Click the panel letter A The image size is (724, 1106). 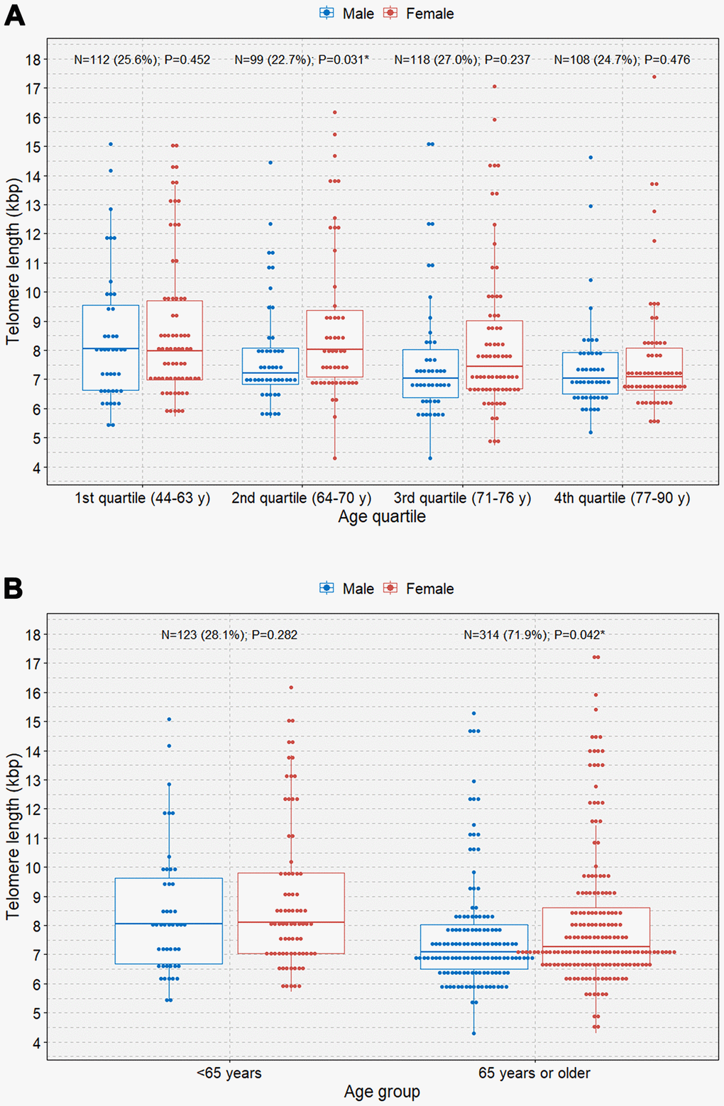pyautogui.click(x=14, y=15)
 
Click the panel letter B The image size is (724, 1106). pyautogui.click(x=13, y=589)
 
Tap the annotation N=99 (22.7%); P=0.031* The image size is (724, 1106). pyautogui.click(x=302, y=60)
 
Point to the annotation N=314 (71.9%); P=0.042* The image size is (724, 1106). pyautogui.click(x=534, y=635)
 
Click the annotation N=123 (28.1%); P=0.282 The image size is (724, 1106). pyautogui.click(x=229, y=635)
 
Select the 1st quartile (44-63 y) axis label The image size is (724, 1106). pyautogui.click(x=143, y=498)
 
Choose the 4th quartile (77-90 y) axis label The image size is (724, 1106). pyautogui.click(x=622, y=498)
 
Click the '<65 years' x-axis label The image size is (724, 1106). pyautogui.click(x=229, y=1073)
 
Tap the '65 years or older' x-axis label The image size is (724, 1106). pyautogui.click(x=534, y=1073)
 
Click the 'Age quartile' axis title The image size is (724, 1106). pyautogui.click(x=382, y=516)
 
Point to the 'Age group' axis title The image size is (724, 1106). pyautogui.click(x=382, y=1092)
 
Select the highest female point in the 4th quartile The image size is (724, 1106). pyautogui.click(x=654, y=77)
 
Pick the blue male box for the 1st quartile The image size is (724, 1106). pyautogui.click(x=111, y=348)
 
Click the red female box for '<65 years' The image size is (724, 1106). pyautogui.click(x=291, y=913)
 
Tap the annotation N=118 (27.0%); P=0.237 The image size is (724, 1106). pyautogui.click(x=462, y=60)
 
